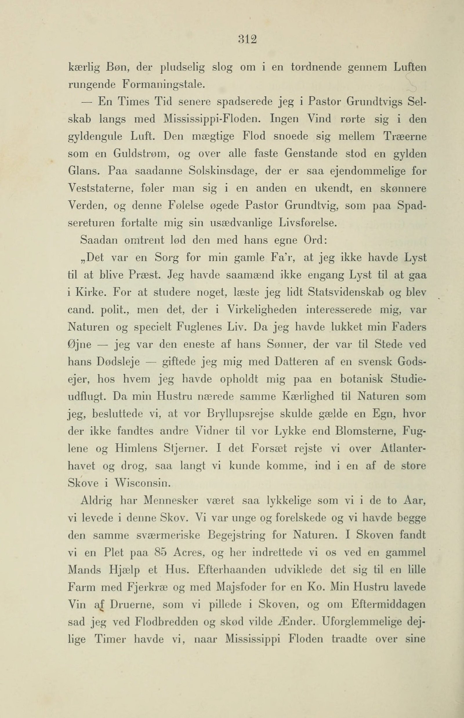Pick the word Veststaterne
[101, 188]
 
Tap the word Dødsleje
[118, 362]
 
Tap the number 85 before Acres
[160, 553]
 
